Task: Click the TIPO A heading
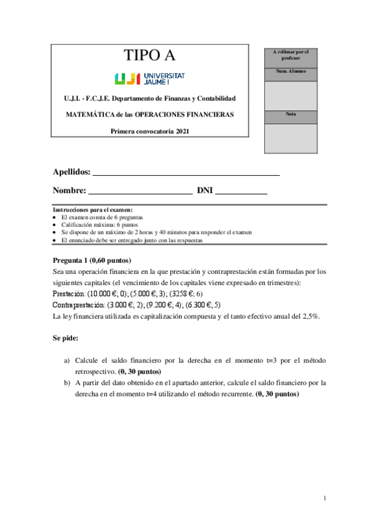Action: point(150,56)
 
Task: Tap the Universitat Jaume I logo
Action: point(150,78)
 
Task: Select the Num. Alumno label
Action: point(290,72)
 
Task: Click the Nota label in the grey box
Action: point(290,114)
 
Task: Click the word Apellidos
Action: point(72,172)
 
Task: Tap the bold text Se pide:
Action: point(65,339)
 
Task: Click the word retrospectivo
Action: point(96,372)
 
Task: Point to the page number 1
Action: point(325,498)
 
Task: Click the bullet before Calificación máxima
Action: point(55,226)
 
